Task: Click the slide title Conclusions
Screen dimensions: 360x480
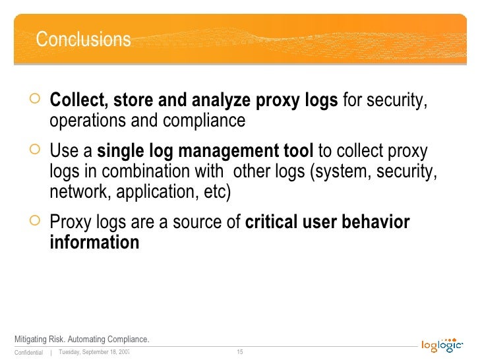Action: click(83, 40)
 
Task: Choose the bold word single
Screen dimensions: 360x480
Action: click(118, 152)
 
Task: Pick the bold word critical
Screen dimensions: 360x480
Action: click(272, 223)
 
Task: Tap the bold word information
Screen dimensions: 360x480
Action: click(94, 243)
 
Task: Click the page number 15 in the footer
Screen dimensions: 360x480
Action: click(240, 351)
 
